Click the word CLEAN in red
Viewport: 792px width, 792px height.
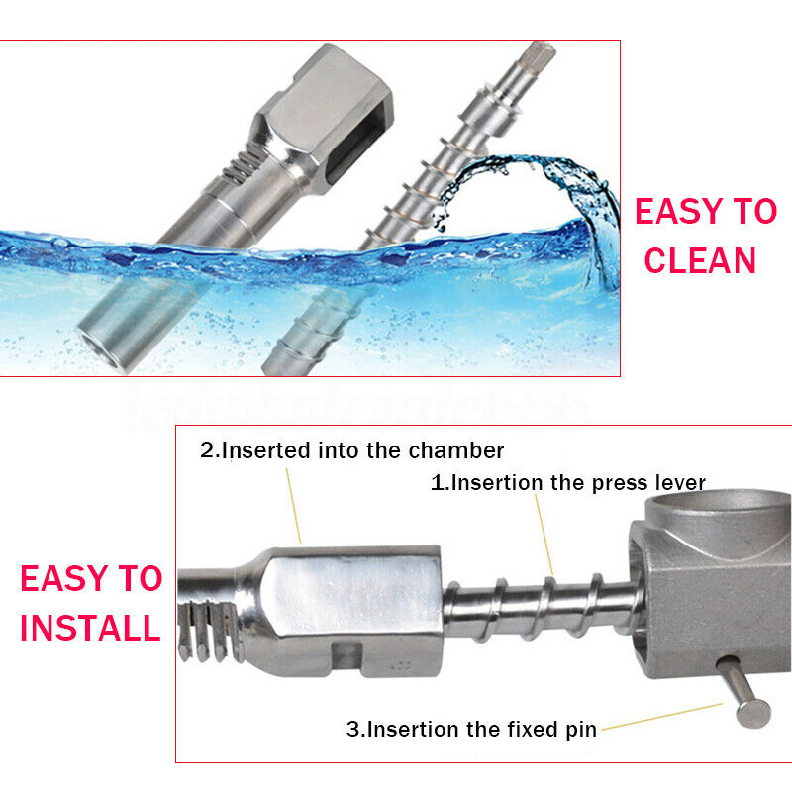(x=700, y=260)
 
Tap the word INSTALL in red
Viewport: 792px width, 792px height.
(x=90, y=628)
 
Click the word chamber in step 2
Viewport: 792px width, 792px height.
(x=456, y=450)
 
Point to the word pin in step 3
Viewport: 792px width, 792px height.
(x=581, y=730)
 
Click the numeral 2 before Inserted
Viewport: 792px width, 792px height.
(x=207, y=450)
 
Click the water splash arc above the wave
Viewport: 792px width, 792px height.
(x=536, y=171)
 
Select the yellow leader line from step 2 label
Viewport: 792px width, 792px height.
(x=293, y=505)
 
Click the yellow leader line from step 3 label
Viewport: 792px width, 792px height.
(x=662, y=716)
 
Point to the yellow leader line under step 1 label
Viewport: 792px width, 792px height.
(x=544, y=536)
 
